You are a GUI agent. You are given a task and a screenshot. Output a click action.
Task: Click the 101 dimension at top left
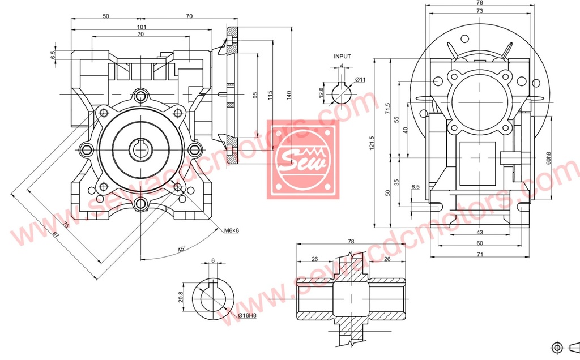[142, 27]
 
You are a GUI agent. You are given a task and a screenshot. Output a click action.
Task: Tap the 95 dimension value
[255, 95]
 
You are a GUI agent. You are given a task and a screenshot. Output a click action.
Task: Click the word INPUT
[342, 57]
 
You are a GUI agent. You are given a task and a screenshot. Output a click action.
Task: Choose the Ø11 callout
[360, 80]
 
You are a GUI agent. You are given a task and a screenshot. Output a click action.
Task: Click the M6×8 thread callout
[232, 230]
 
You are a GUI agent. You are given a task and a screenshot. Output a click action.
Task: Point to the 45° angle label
[181, 249]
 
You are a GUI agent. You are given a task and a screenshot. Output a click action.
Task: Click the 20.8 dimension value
[180, 297]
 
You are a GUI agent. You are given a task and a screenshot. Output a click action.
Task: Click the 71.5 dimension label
[388, 108]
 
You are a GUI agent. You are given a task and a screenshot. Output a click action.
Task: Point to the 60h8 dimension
[548, 158]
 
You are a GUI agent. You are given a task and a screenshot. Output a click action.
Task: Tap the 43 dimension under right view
[479, 233]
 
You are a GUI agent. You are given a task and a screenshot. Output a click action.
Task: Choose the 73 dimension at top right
[479, 11]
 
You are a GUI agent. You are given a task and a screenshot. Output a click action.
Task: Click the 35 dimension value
[396, 182]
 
